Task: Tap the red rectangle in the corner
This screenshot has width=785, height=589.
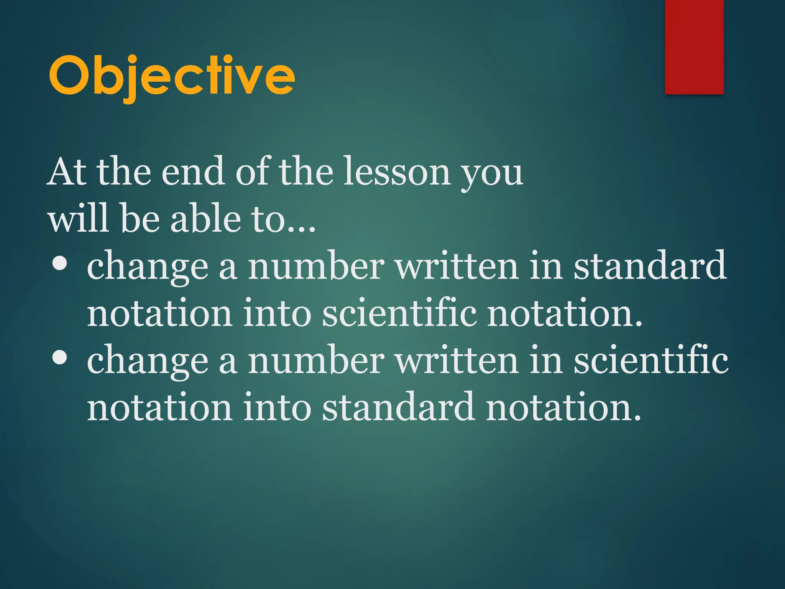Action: click(694, 47)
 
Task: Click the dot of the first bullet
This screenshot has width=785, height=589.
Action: click(60, 265)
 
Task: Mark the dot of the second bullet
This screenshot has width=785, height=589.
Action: click(60, 358)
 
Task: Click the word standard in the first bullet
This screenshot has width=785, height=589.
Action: click(650, 265)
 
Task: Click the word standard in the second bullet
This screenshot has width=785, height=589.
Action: click(399, 406)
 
